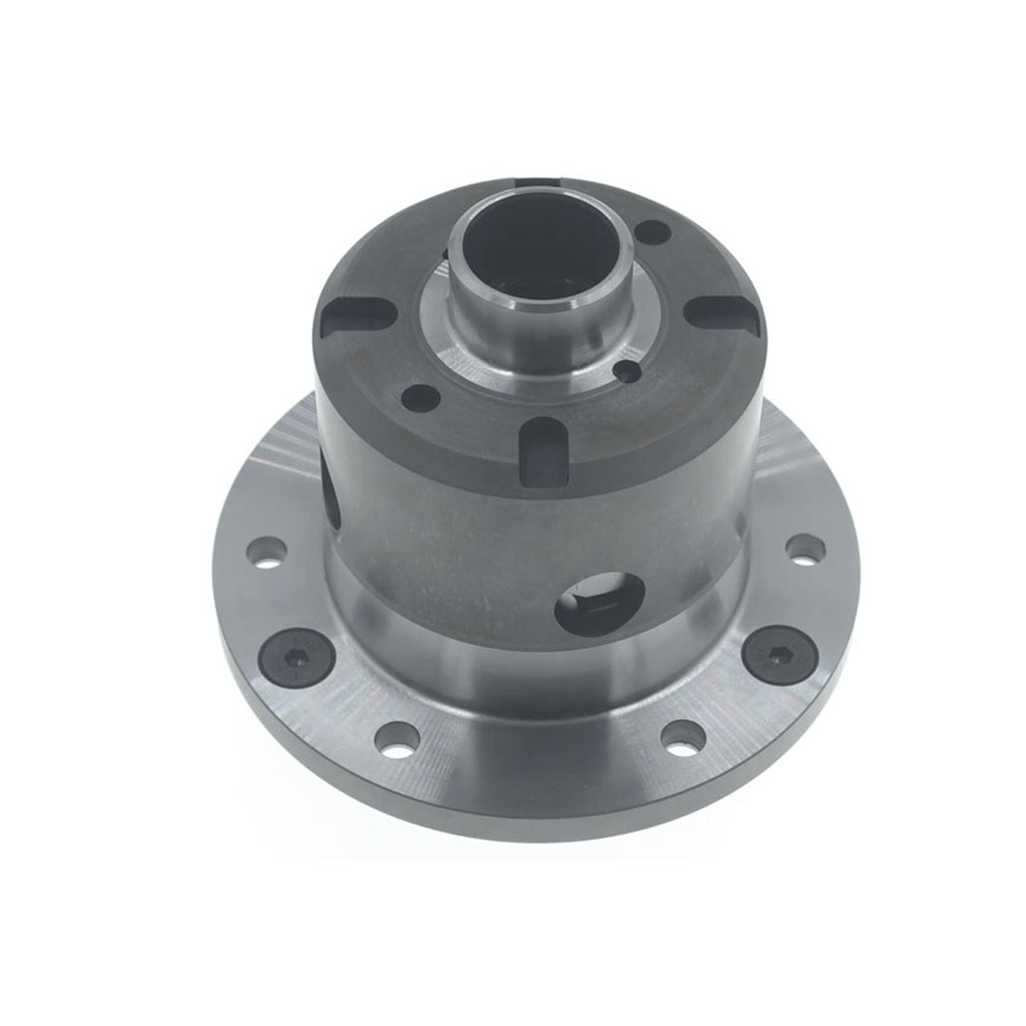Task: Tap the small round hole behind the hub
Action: click(x=653, y=231)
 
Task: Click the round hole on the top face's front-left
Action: click(x=421, y=397)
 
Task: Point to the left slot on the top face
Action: click(x=355, y=315)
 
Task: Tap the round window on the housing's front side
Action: click(x=599, y=604)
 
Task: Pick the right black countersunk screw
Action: click(x=777, y=655)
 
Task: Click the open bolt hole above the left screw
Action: click(x=266, y=552)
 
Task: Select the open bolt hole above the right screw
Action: click(x=807, y=548)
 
